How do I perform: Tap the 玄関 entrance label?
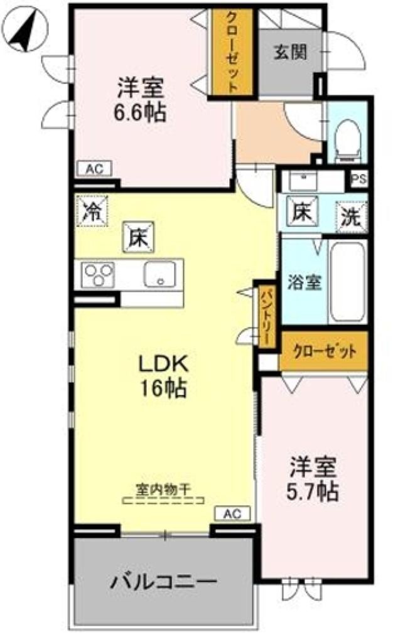coord(289,52)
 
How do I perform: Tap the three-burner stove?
coord(99,275)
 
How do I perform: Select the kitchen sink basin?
coord(160,274)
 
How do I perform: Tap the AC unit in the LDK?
coord(232,514)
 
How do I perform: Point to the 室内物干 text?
coord(163,488)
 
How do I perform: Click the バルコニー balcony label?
coord(164,581)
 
